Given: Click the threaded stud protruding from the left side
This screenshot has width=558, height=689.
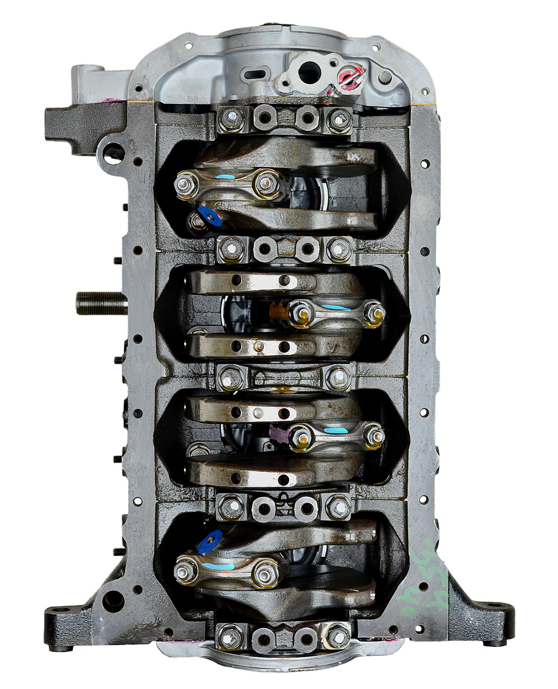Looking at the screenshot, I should [x=93, y=300].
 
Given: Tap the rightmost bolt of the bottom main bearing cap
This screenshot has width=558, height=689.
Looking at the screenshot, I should [x=336, y=635].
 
